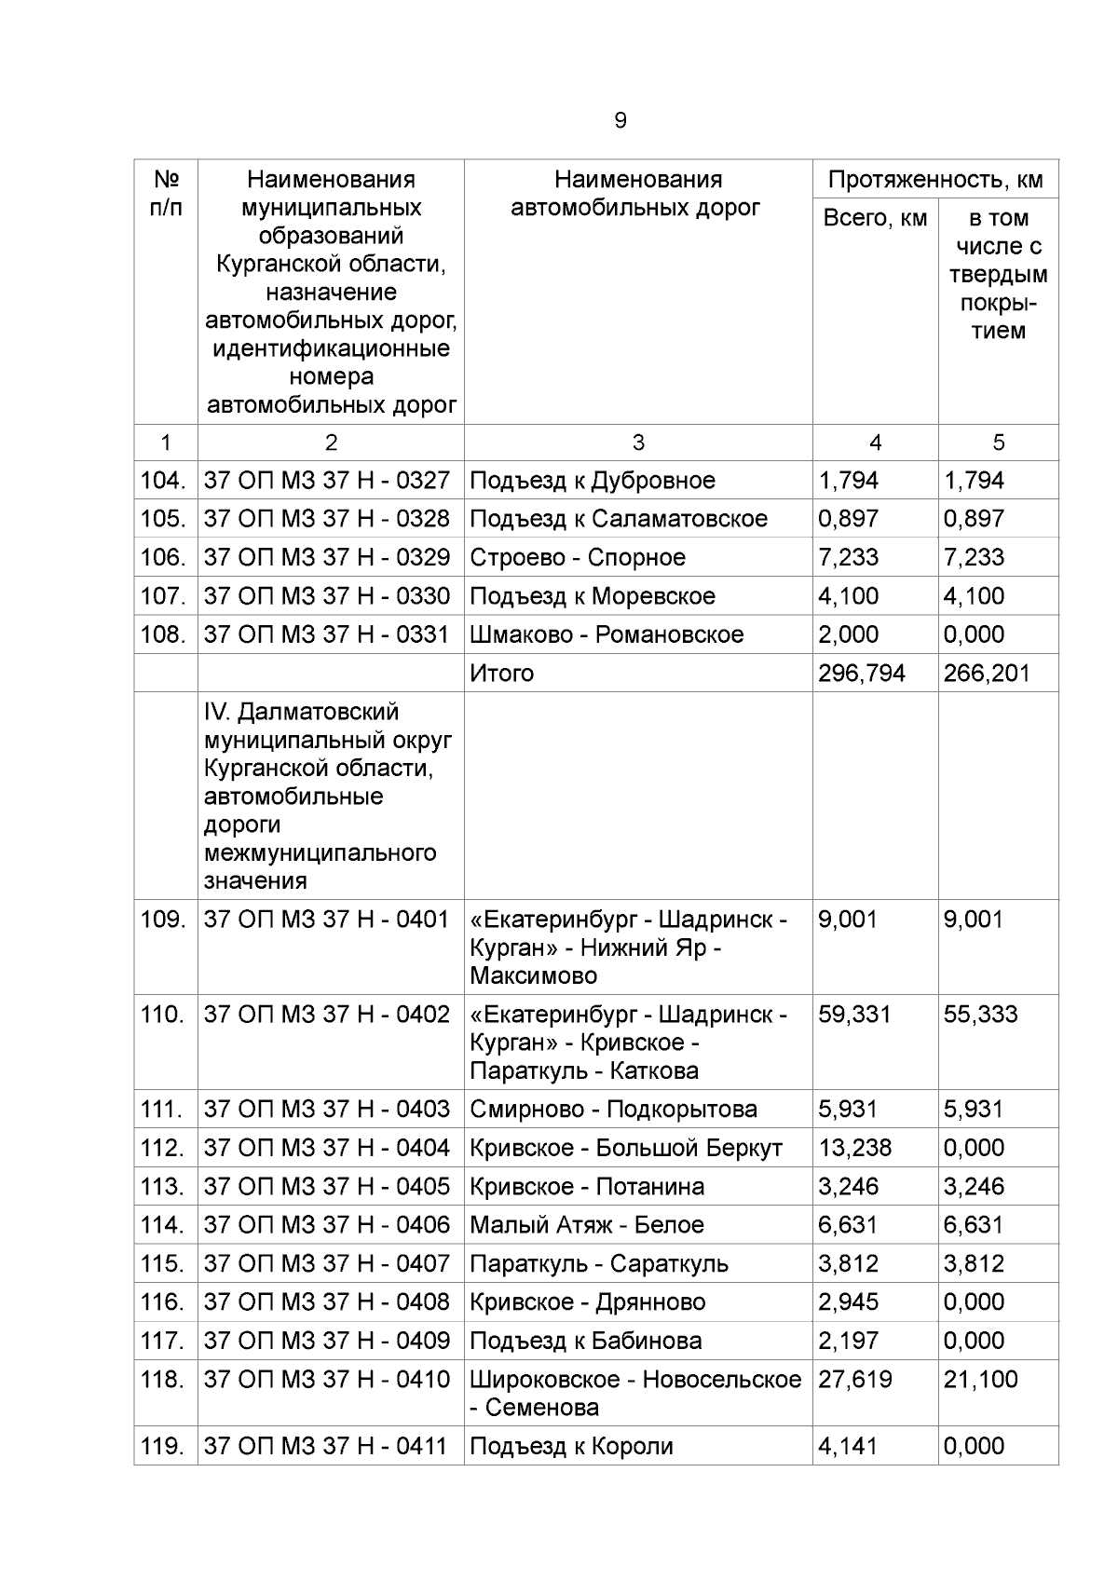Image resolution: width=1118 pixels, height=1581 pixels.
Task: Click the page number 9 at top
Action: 620,121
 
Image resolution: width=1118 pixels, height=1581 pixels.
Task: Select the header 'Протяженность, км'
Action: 935,180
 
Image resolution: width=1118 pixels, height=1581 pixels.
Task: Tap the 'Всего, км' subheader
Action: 875,219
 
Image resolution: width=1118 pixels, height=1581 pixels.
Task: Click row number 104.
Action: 163,481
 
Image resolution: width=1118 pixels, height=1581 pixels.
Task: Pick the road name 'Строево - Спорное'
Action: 578,558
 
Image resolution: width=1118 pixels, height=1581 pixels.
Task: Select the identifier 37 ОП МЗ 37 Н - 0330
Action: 327,596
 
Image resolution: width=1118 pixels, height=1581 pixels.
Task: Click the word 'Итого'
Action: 502,674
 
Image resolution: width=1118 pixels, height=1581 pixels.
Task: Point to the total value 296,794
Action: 862,674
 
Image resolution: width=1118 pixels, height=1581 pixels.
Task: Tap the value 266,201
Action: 987,674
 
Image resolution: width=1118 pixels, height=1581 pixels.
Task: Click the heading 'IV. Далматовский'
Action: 301,713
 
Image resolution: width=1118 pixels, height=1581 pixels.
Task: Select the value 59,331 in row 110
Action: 854,1015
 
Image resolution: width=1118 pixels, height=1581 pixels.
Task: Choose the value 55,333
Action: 980,1015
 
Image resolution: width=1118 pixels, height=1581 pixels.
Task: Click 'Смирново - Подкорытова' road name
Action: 613,1110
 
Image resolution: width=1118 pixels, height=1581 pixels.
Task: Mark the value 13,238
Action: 854,1149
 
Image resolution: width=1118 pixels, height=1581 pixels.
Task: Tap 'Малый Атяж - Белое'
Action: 587,1226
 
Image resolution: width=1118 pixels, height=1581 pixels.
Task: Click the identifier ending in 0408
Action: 327,1302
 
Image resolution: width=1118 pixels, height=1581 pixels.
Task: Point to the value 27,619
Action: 854,1380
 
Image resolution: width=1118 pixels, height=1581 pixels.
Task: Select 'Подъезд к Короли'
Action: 571,1447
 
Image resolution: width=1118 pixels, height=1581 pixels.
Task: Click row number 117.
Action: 163,1342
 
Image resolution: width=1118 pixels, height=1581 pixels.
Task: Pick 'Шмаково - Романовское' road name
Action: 607,635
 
